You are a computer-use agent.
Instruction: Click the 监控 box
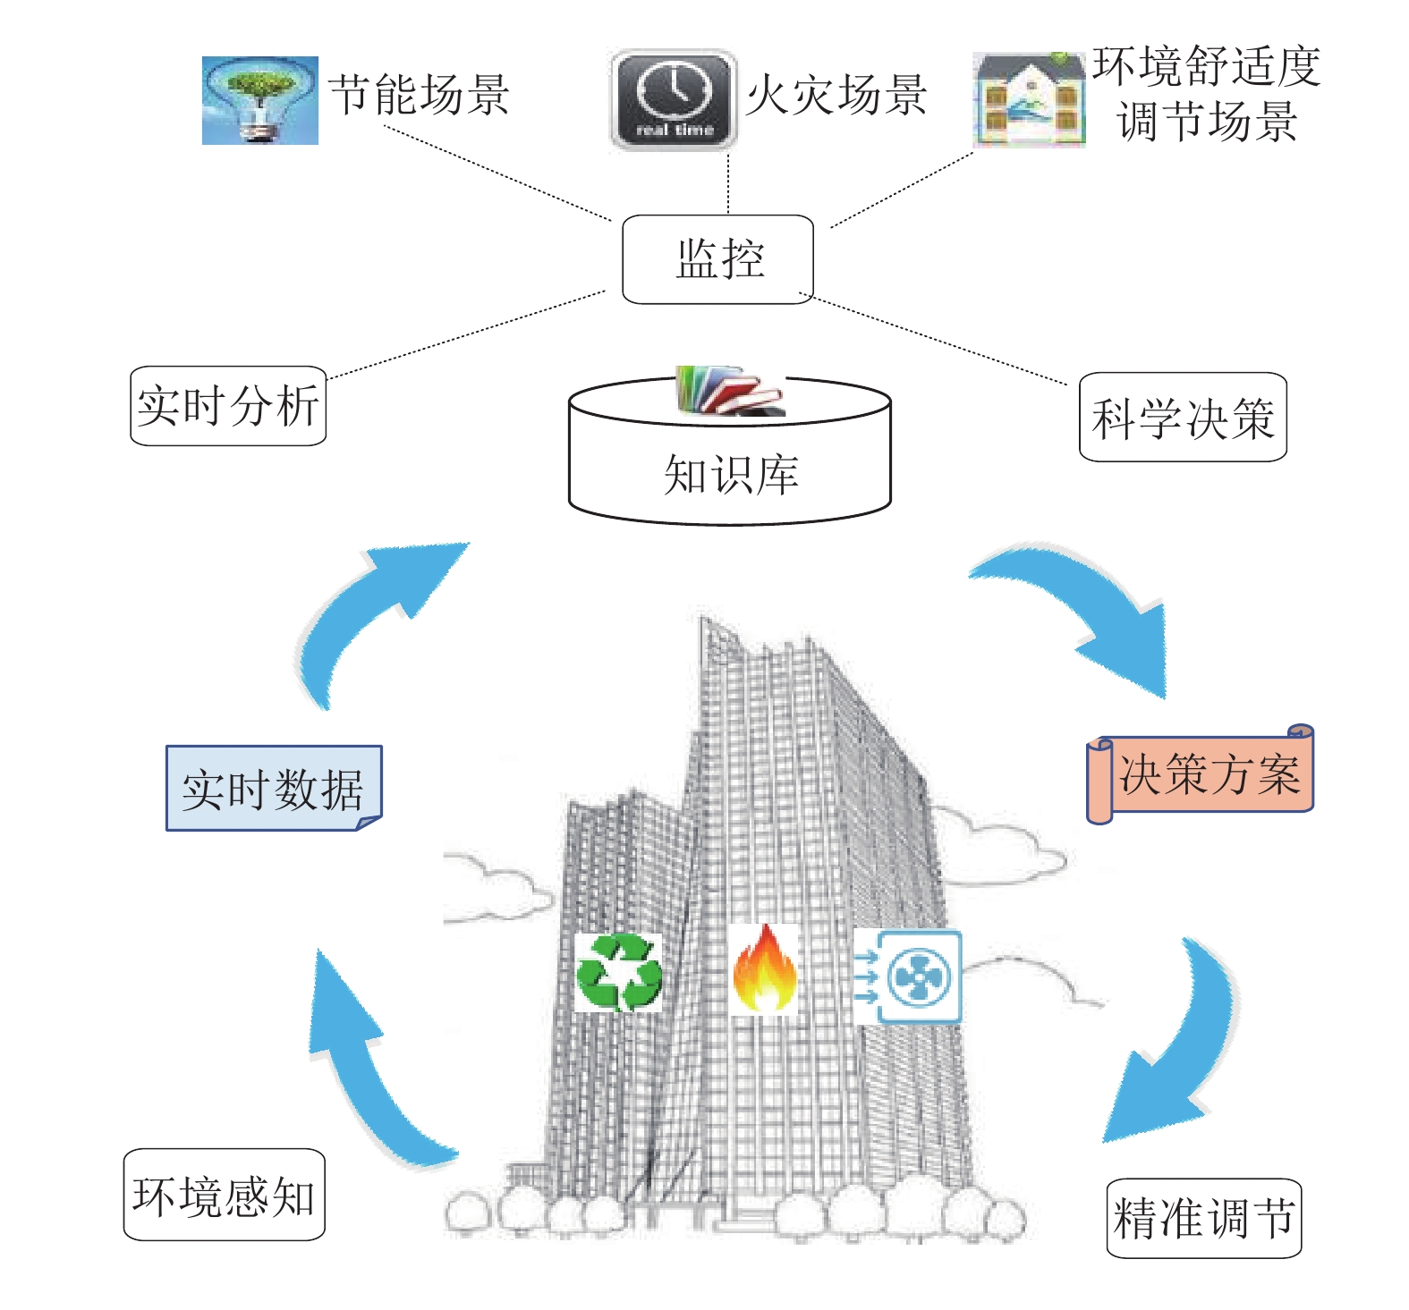click(717, 259)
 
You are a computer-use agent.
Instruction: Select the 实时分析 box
click(228, 406)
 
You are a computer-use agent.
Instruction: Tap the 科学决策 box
click(1183, 417)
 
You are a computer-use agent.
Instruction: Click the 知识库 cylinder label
click(731, 474)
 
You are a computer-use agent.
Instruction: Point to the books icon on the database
click(730, 391)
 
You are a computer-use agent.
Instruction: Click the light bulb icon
click(260, 100)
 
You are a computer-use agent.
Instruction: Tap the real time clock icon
click(674, 100)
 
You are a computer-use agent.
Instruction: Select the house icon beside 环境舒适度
click(1030, 99)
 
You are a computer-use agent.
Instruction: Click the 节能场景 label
click(419, 95)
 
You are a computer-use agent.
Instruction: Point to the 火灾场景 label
click(836, 95)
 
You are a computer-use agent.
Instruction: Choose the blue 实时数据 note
click(274, 788)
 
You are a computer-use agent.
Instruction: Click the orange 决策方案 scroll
click(1201, 773)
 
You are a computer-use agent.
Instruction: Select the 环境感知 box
click(224, 1195)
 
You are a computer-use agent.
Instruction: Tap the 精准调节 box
click(1204, 1218)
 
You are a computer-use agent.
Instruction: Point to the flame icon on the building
click(765, 969)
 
